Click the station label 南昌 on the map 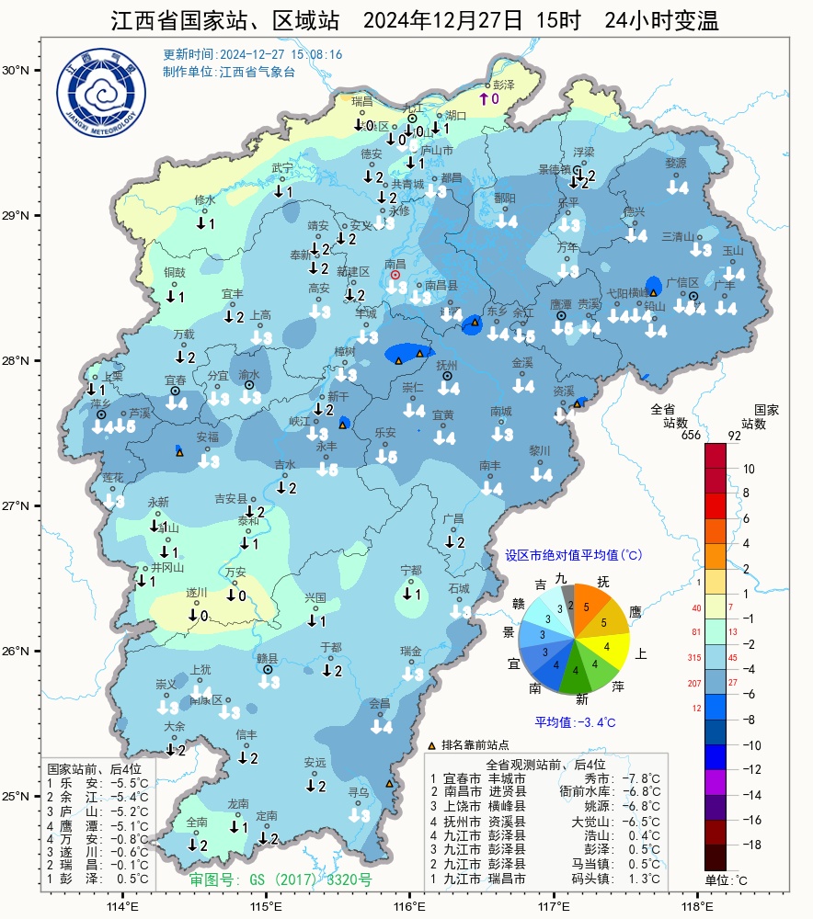[395, 264]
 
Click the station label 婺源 [676, 163]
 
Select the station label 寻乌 [358, 791]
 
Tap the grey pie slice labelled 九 [568, 598]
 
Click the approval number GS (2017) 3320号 [281, 879]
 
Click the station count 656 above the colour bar [692, 435]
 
